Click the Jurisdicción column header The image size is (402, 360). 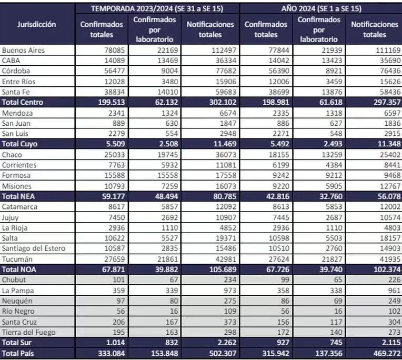pos(36,24)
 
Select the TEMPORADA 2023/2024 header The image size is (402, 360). pos(157,8)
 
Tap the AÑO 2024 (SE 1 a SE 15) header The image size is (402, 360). pos(320,8)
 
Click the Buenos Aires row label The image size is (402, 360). pos(24,51)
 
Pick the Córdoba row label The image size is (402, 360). pos(17,71)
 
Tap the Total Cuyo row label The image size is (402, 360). pos(21,144)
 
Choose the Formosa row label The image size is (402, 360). pos(17,175)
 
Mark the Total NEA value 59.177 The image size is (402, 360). pos(112,196)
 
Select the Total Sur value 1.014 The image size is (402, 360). pos(116,343)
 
